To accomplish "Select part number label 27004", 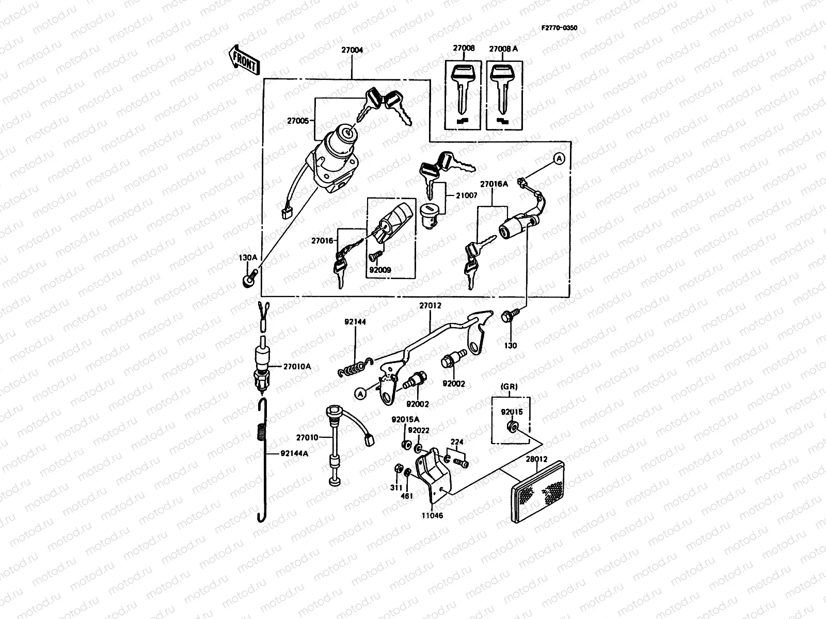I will click(352, 51).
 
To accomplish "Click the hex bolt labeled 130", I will click(507, 317).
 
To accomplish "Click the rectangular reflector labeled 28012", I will click(538, 489).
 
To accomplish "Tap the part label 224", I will click(457, 442).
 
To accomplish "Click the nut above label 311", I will click(398, 469).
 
